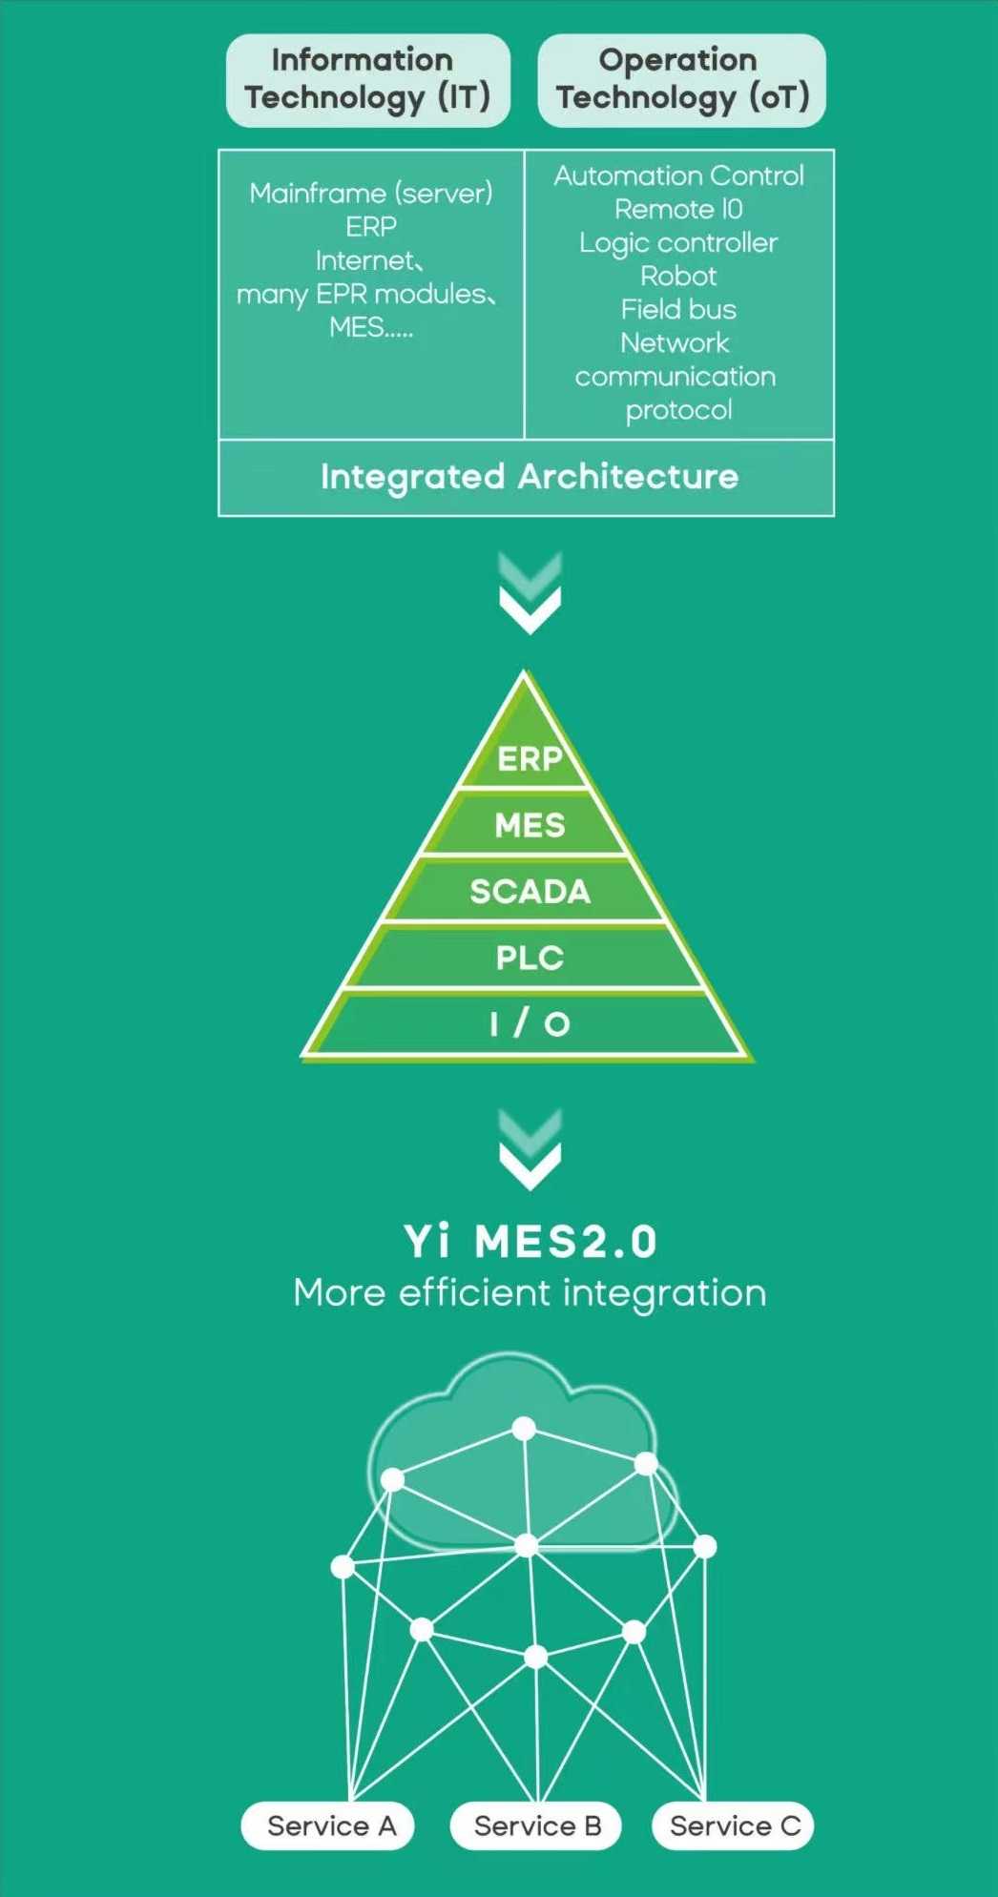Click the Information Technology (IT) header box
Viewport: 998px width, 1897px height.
[367, 80]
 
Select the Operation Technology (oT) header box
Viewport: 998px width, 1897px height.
[681, 80]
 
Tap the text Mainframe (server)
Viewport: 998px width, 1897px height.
[370, 194]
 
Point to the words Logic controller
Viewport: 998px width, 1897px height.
[678, 243]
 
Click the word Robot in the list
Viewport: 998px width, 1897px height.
[678, 277]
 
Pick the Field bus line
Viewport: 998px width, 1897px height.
[678, 310]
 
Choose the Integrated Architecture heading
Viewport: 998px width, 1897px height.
[529, 477]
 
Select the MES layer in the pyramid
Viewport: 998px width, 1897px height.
[530, 825]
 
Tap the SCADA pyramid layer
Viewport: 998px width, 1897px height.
[530, 892]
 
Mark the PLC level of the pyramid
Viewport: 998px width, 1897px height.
[530, 958]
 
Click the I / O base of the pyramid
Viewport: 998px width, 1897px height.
[530, 1024]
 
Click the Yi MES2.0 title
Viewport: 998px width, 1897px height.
[530, 1242]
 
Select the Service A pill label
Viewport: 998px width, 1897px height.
[330, 1825]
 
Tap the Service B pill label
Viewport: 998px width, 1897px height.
[537, 1825]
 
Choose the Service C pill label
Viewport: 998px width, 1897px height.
[734, 1825]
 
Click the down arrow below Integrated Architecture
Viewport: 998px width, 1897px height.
[530, 596]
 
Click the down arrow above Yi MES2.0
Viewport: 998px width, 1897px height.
[530, 1152]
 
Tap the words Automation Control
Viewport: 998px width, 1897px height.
[678, 176]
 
